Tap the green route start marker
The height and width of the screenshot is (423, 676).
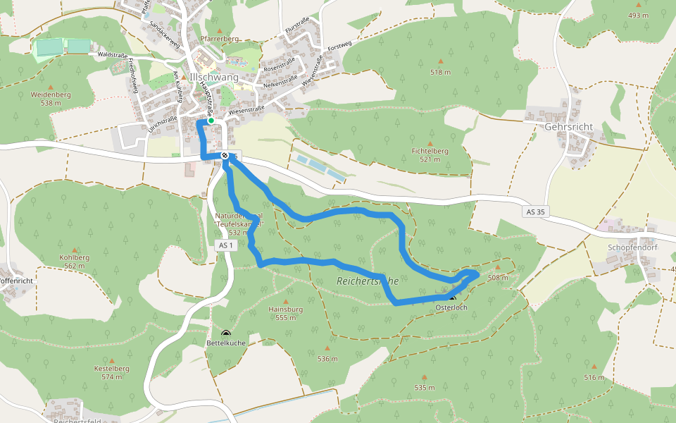pyautogui.click(x=211, y=121)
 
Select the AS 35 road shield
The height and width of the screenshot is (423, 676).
pyautogui.click(x=534, y=211)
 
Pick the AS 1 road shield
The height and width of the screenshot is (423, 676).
pyautogui.click(x=225, y=245)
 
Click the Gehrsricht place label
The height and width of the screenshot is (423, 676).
pyautogui.click(x=569, y=127)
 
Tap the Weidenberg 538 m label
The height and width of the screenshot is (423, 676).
pyautogui.click(x=51, y=98)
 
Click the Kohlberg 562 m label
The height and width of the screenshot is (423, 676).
pyautogui.click(x=75, y=262)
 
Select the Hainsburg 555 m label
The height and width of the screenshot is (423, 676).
pyautogui.click(x=285, y=313)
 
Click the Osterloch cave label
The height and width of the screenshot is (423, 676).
pyautogui.click(x=451, y=308)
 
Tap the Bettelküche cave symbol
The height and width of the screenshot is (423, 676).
pyautogui.click(x=226, y=333)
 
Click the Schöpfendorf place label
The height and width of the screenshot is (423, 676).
pyautogui.click(x=631, y=249)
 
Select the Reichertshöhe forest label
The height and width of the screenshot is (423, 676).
pyautogui.click(x=367, y=281)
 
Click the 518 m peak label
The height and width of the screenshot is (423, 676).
pyautogui.click(x=440, y=72)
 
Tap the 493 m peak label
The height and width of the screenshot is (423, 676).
pyautogui.click(x=638, y=16)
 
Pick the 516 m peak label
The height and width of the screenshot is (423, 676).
pyautogui.click(x=594, y=378)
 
